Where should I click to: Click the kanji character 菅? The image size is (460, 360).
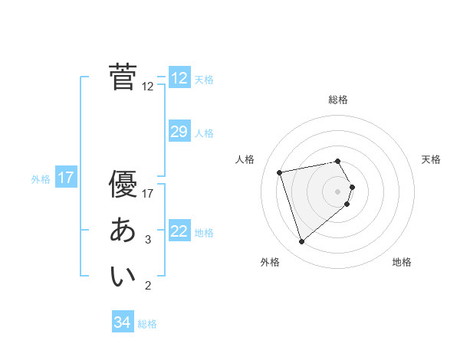click(123, 77)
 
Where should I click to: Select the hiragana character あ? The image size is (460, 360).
click(123, 230)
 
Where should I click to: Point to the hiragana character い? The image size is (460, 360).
click(123, 277)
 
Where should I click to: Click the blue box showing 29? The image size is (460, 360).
click(179, 132)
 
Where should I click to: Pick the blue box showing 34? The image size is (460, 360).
click(122, 322)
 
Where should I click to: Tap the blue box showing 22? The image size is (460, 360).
click(179, 231)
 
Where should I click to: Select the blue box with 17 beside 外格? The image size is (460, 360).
click(66, 178)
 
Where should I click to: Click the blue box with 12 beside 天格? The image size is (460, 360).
click(179, 77)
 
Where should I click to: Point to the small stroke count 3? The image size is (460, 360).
click(148, 240)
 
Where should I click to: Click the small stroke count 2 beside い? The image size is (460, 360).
click(148, 286)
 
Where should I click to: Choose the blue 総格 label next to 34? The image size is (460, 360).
click(147, 324)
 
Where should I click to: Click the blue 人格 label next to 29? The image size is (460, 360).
click(204, 133)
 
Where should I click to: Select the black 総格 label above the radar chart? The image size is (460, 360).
click(338, 100)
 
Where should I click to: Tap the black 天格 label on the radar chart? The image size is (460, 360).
click(432, 159)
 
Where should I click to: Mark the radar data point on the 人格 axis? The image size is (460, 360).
click(280, 172)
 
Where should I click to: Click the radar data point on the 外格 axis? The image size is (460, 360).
click(302, 242)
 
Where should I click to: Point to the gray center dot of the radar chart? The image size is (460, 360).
click(338, 191)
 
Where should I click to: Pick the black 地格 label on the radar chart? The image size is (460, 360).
click(402, 262)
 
